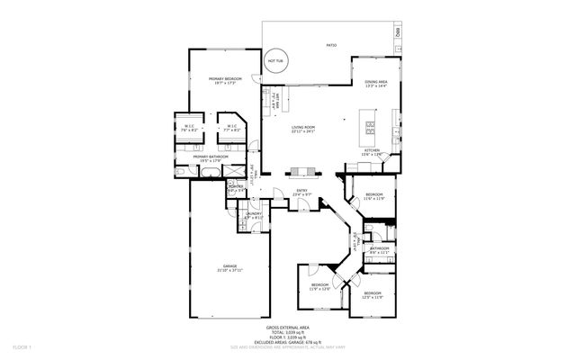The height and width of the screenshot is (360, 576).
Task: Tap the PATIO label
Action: pyautogui.click(x=331, y=43)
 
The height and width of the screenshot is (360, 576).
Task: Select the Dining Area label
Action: pyautogui.click(x=376, y=84)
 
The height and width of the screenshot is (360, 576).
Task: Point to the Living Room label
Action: pyautogui.click(x=303, y=129)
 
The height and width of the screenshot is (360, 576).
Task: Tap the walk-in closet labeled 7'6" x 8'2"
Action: pyautogui.click(x=189, y=127)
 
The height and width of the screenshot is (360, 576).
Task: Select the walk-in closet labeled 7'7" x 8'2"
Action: pyautogui.click(x=231, y=127)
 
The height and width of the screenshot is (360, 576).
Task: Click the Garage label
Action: pyautogui.click(x=229, y=267)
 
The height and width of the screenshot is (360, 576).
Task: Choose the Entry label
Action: pyautogui.click(x=303, y=191)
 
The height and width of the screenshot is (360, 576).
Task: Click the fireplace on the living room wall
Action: pyautogui.click(x=302, y=171)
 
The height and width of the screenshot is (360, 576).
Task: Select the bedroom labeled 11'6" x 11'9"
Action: pyautogui.click(x=373, y=195)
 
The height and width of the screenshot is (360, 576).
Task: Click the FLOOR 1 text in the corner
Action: pyautogui.click(x=22, y=346)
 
